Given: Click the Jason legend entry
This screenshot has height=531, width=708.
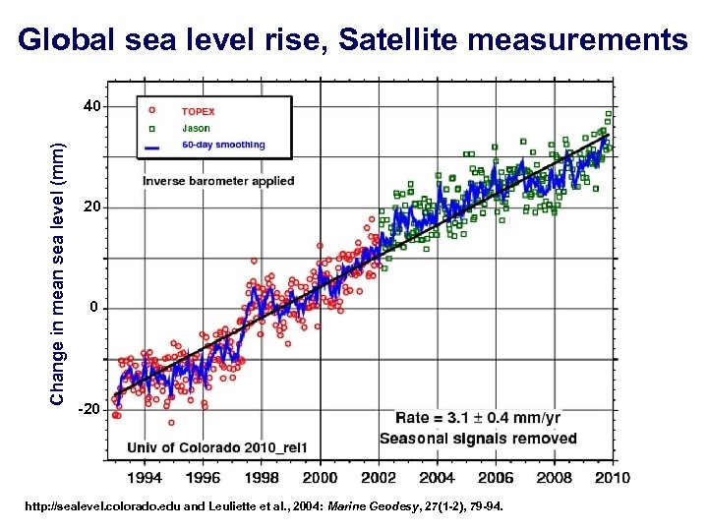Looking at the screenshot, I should pos(196,127).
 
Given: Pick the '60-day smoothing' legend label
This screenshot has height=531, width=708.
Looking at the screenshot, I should pos(223,145).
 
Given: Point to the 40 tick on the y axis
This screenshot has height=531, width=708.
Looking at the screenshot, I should pos(89,106).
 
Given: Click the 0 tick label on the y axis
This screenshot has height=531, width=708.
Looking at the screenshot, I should pos(93,308).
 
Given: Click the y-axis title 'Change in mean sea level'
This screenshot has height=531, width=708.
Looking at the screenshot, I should pos(59,272).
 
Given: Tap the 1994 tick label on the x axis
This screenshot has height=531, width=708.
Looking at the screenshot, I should pos(146,478).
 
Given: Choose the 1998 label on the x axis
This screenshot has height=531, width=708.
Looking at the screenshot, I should pos(262,478).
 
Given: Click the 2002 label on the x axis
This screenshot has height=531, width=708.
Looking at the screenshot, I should pos(379,478).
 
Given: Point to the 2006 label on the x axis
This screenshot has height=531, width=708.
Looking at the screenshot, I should pos(496,478).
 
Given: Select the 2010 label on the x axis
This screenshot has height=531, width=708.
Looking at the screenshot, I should pos(612,478).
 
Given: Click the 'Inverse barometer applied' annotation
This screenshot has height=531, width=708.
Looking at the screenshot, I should pos(217,181).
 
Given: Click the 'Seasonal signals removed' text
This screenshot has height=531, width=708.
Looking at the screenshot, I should pos(478,438).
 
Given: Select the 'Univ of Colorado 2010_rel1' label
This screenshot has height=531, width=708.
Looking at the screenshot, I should pos(217,447).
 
